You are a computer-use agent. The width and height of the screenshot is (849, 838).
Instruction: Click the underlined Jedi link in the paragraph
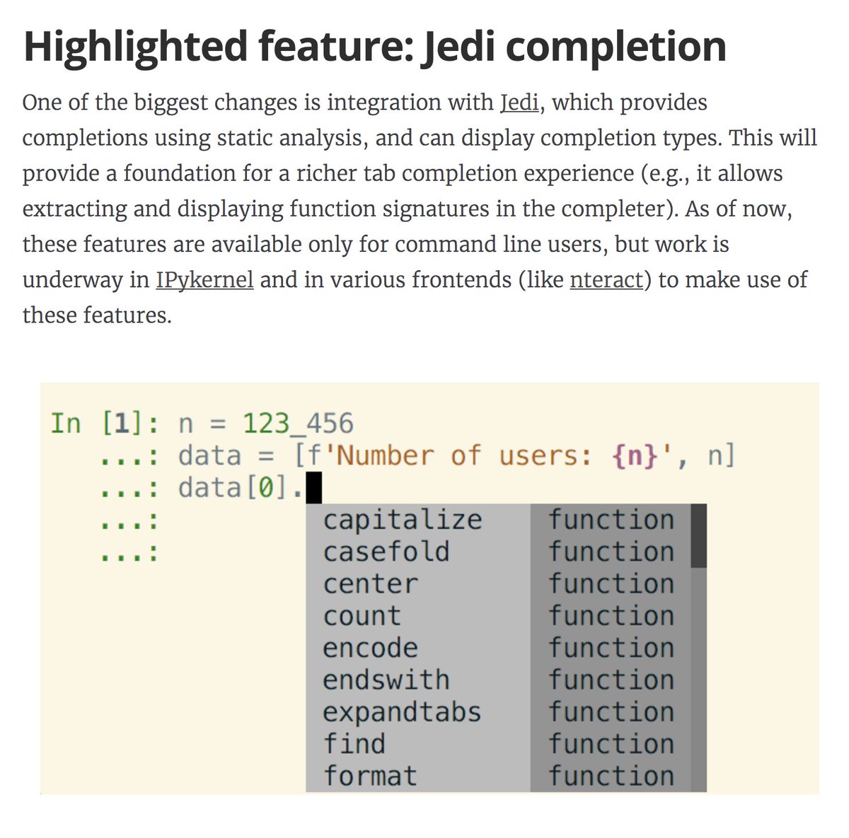(x=520, y=103)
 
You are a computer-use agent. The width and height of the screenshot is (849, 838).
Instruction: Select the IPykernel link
(x=204, y=279)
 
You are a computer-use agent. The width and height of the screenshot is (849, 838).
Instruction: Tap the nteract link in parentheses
(x=606, y=279)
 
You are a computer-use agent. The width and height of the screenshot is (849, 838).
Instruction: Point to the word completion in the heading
(x=605, y=47)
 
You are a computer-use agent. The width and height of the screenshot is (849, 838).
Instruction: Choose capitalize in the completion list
(x=402, y=520)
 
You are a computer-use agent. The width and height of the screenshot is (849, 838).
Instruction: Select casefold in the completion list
(x=386, y=552)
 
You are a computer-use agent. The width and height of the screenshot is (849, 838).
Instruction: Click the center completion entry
(x=370, y=584)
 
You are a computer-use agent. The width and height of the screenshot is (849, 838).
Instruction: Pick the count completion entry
(x=362, y=616)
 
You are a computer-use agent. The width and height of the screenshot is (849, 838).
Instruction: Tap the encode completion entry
(x=370, y=648)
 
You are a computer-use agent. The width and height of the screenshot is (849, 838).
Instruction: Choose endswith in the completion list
(x=386, y=680)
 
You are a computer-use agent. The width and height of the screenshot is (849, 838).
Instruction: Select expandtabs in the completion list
(x=402, y=712)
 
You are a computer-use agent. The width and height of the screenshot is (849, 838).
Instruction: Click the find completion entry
(x=354, y=744)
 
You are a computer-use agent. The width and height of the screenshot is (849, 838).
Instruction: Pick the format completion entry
(x=370, y=776)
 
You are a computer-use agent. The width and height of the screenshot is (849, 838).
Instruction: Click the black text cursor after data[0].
(x=313, y=488)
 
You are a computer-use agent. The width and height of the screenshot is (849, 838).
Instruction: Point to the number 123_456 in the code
(x=298, y=424)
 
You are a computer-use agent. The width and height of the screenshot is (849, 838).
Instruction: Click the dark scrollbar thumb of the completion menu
(x=698, y=535)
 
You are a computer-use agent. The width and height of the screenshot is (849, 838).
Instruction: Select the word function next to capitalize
(x=611, y=520)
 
